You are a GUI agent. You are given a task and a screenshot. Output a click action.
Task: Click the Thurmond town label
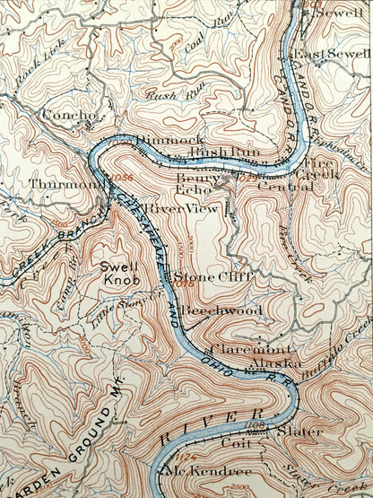click(55, 184)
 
